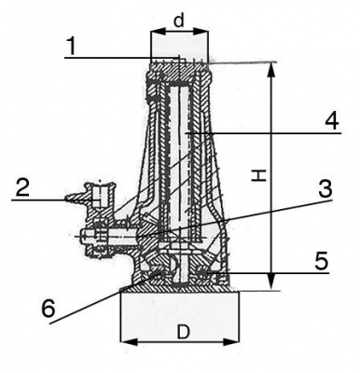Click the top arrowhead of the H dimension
271,68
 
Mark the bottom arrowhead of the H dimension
271,284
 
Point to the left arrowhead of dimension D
124,341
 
